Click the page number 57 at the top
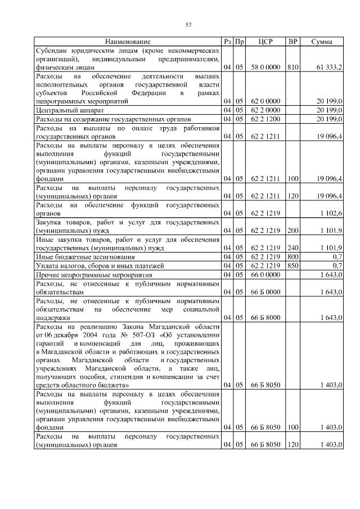pos(189,25)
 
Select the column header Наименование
pos(127,42)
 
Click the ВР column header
pos(292,42)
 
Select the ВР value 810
pos(292,67)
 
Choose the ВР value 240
pos(292,247)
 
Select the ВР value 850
pos(292,264)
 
